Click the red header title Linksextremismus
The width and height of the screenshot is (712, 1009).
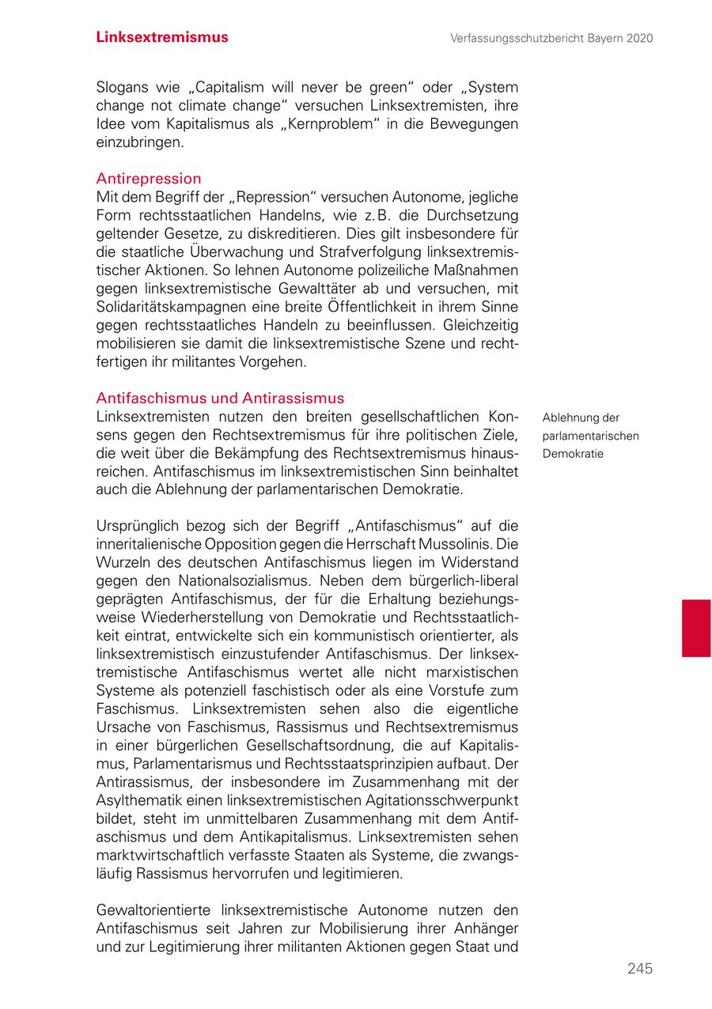pyautogui.click(x=162, y=37)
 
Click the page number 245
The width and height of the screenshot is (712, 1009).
pyautogui.click(x=640, y=969)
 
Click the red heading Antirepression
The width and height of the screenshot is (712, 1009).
pyautogui.click(x=149, y=179)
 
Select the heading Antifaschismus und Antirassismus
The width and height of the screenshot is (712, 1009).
pyautogui.click(x=220, y=398)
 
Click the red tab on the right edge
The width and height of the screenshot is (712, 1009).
pyautogui.click(x=696, y=628)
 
